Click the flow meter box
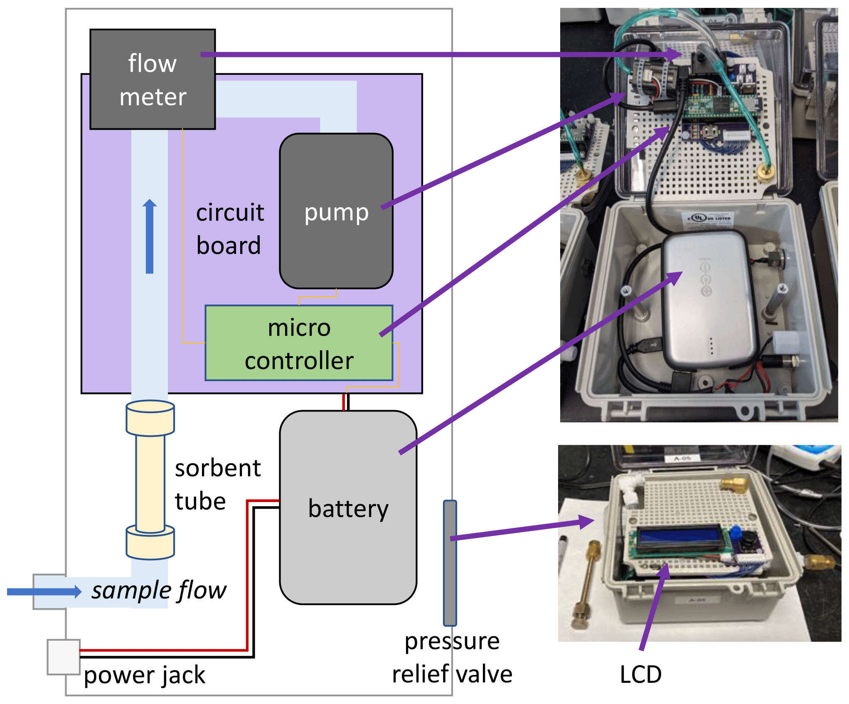click(153, 79)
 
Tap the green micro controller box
click(299, 343)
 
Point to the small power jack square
click(63, 657)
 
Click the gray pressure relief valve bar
click(450, 563)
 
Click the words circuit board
click(229, 229)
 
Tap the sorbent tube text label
click(217, 485)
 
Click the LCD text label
click(640, 674)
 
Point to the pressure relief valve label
click(452, 657)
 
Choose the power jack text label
click(144, 675)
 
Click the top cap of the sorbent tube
click(150, 418)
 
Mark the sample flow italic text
click(159, 591)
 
